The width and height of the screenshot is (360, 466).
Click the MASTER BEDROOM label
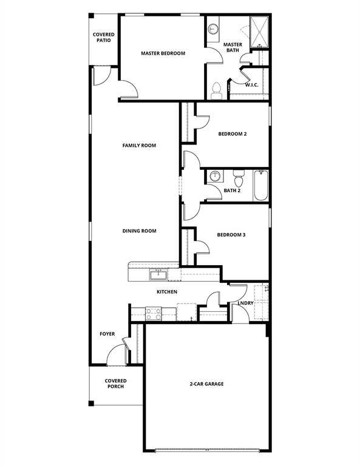163,53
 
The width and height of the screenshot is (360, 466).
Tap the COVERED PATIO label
104,38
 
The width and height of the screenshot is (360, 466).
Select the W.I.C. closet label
252,85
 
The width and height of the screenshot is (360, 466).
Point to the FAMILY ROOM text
139,146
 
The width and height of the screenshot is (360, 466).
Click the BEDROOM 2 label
233,134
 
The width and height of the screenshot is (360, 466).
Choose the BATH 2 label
232,191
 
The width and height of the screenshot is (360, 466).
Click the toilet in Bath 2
239,180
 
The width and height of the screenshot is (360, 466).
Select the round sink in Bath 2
215,177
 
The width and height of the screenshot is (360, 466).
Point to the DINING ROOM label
140,231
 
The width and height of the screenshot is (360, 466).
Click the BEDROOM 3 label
231,235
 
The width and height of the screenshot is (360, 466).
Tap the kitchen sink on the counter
159,275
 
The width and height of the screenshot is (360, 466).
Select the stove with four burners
153,314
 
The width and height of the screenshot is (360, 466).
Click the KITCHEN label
167,292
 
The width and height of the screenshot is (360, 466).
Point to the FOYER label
107,334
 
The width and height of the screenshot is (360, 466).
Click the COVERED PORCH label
115,383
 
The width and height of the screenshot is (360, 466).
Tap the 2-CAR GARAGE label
207,383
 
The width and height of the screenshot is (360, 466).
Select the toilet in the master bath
215,90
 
